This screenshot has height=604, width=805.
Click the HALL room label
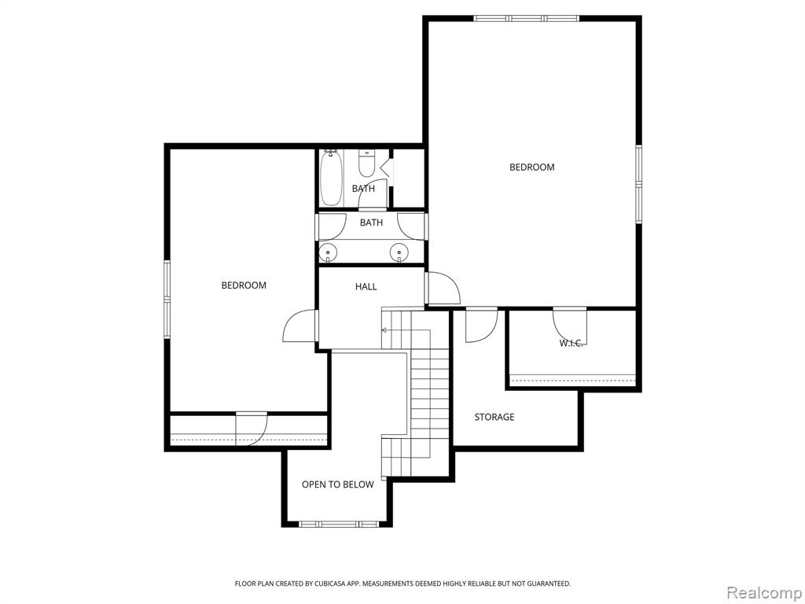366,286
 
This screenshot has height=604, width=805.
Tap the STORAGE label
494,417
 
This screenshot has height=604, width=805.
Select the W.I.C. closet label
571,343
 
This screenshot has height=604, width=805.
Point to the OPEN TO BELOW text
337,484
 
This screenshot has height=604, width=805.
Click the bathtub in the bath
331,178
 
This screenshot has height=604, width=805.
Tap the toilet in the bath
366,163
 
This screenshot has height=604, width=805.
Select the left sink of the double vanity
327,252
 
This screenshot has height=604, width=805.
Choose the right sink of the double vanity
399,252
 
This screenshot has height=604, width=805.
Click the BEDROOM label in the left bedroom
244,285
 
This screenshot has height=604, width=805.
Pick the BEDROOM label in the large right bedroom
532,167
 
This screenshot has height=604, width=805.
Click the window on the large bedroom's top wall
526,19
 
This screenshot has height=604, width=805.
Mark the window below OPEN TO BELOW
338,524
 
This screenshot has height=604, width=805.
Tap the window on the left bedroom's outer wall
167,299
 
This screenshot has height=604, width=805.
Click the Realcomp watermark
764,593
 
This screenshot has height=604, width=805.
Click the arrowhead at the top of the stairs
383,331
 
